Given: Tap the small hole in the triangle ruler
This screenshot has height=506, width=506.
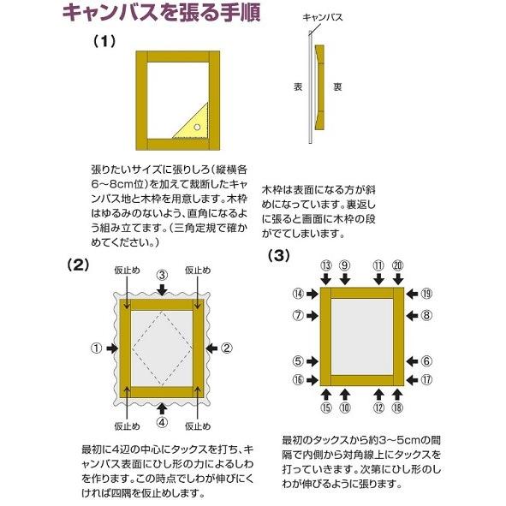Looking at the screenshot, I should [x=198, y=127].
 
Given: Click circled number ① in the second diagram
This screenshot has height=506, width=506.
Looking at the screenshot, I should [x=96, y=348].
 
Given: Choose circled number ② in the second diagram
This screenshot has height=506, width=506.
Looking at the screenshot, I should [x=227, y=348].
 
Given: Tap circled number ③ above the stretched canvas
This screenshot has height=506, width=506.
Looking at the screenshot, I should [x=162, y=274].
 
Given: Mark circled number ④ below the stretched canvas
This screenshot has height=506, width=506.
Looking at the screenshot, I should [x=162, y=421].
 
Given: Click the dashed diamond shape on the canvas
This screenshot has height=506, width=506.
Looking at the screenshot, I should [x=162, y=348].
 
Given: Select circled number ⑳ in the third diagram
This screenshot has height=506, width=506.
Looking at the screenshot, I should [x=397, y=266].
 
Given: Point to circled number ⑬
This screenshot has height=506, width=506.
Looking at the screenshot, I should [x=326, y=266].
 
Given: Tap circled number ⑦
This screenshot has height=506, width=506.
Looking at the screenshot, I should [x=299, y=315].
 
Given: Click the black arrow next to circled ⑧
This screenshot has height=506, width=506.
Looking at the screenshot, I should [x=409, y=315].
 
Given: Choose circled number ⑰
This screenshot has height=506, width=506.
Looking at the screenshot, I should [x=426, y=379].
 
